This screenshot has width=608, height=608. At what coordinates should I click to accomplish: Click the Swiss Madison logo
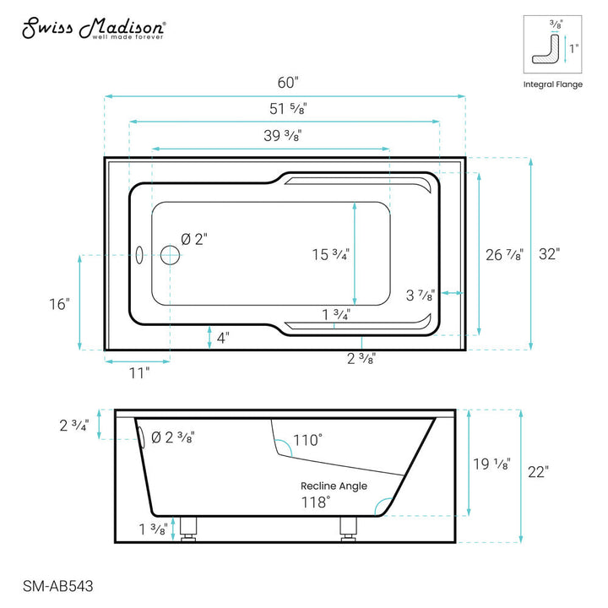93,30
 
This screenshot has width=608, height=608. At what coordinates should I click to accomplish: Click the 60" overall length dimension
286,83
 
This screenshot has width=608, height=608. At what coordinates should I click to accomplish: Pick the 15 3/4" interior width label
330,253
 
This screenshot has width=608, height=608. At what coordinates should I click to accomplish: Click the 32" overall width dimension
551,253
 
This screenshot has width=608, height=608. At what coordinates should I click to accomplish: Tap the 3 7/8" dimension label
420,295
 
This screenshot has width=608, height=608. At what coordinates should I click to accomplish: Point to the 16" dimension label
58,304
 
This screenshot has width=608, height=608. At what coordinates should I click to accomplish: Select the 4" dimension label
222,338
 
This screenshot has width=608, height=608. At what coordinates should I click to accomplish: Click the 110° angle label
307,440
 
